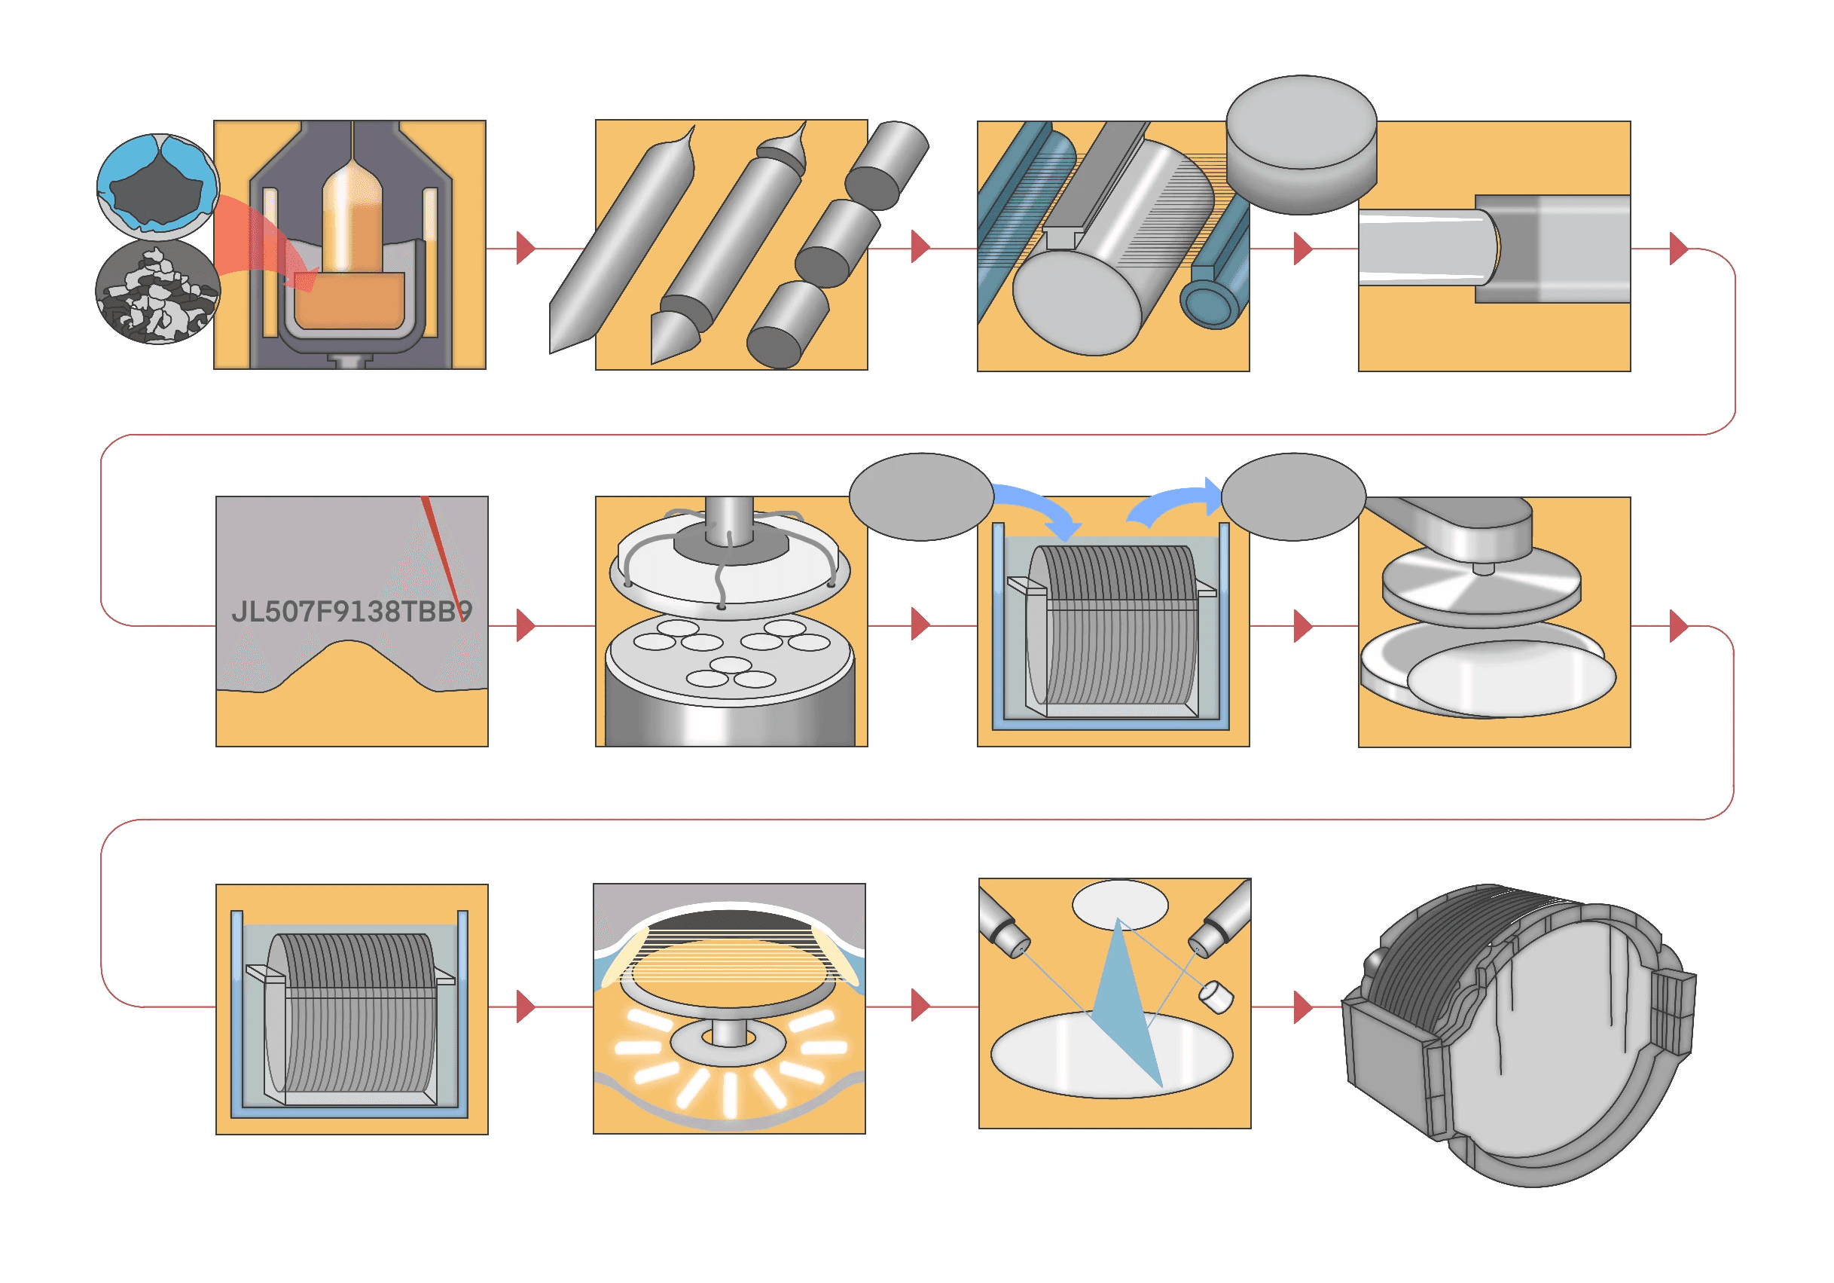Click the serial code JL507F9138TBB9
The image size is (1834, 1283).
(x=352, y=612)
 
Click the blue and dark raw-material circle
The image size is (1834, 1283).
(x=157, y=186)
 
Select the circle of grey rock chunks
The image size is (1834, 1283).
(x=157, y=293)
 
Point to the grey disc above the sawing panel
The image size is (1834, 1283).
(x=1301, y=144)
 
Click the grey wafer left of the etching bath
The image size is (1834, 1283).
(x=921, y=496)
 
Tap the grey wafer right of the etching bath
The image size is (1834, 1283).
(x=1293, y=496)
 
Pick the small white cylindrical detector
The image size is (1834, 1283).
(x=1216, y=996)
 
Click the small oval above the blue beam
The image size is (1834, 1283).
(x=1119, y=903)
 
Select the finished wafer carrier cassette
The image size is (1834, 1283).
(x=1518, y=1034)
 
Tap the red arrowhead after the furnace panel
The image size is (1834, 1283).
(x=525, y=248)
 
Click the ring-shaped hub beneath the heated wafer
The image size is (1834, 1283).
(x=724, y=1042)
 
